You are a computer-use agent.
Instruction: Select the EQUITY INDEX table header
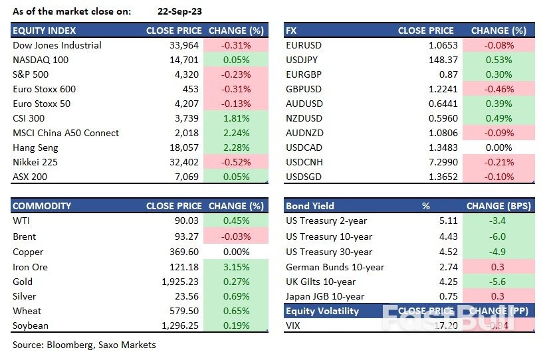(45, 31)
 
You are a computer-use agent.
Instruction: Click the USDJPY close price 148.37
(439, 60)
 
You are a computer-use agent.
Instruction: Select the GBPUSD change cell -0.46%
(500, 89)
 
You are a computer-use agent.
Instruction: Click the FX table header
(291, 31)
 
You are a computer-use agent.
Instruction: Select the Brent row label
(25, 236)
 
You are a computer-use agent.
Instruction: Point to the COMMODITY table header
(42, 206)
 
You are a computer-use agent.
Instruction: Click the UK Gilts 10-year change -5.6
(500, 282)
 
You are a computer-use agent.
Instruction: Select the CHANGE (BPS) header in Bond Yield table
(500, 206)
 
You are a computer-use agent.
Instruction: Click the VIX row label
(294, 325)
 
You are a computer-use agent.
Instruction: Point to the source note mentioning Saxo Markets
(84, 345)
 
